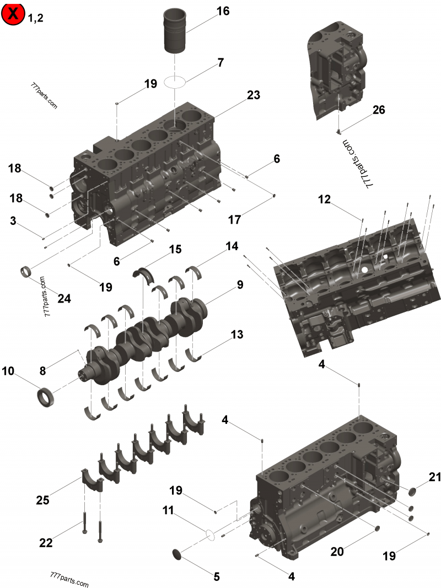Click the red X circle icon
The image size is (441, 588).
(13, 14)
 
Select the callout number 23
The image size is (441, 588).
(253, 95)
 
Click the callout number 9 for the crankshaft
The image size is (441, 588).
(240, 285)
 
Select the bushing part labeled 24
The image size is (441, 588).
(25, 272)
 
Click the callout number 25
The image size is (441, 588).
(42, 500)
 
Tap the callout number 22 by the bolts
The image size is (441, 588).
(46, 543)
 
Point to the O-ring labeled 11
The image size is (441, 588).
(209, 534)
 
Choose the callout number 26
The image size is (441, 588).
(379, 110)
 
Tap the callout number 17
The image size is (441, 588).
(235, 220)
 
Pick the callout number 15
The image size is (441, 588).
(175, 250)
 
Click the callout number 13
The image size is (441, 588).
(236, 335)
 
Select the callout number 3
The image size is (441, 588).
(13, 221)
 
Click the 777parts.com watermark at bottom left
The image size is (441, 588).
(68, 582)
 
